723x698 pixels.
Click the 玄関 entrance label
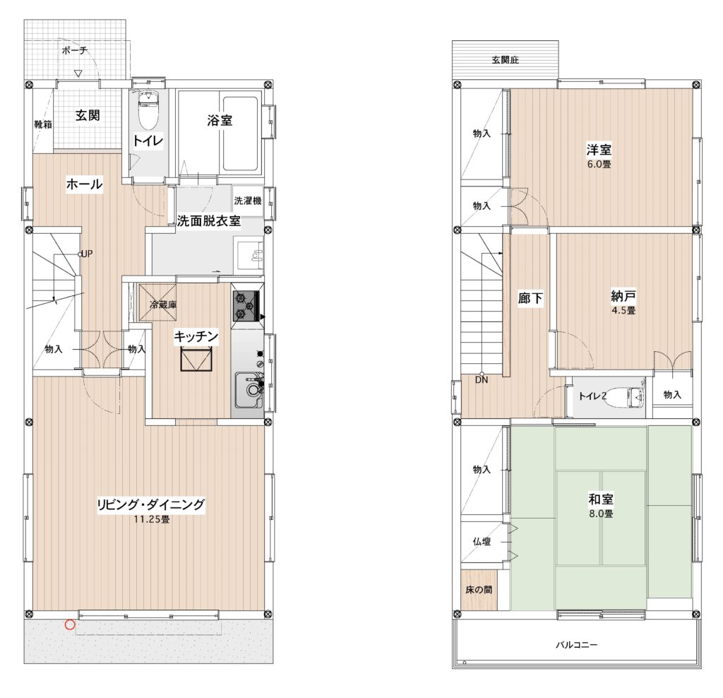[x=88, y=115]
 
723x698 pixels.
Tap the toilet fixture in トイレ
[x=148, y=110]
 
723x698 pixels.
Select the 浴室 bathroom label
[x=220, y=120]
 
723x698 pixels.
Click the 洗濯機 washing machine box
[x=248, y=201]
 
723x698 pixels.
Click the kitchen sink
[x=249, y=390]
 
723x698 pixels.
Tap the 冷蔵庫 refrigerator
[x=157, y=302]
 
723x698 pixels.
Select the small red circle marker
[x=70, y=625]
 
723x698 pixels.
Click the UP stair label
[x=87, y=254]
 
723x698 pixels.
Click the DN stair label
[x=482, y=380]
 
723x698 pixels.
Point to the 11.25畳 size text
[x=152, y=519]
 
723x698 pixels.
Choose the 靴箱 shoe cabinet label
[x=43, y=124]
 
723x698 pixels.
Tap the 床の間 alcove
[x=479, y=590]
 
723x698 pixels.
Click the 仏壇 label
[x=482, y=542]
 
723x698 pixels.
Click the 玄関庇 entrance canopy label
[x=506, y=60]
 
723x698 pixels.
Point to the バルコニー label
[x=576, y=644]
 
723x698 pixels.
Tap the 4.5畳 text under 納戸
[x=623, y=310]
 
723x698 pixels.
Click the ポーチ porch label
[x=75, y=50]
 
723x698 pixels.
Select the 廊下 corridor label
[x=530, y=298]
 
